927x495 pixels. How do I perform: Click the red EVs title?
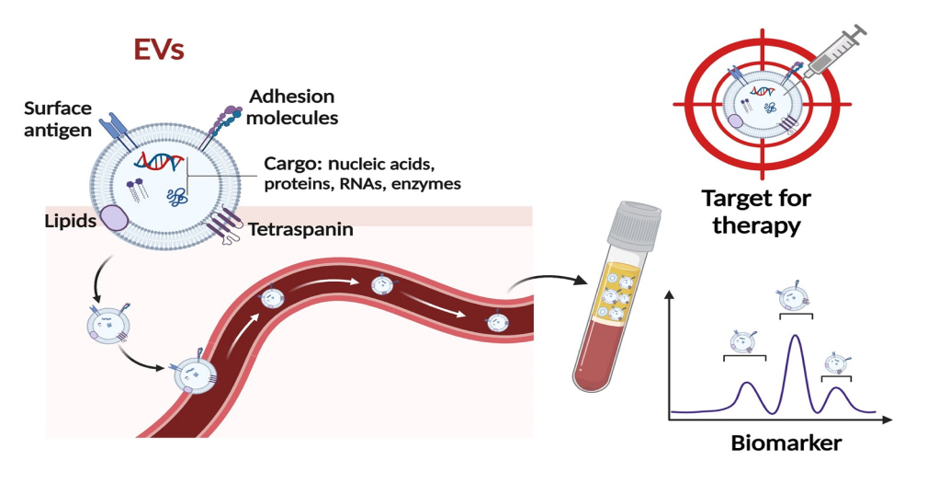coord(159,49)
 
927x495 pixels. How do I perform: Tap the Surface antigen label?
coord(58,119)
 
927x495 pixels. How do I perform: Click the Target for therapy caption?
coord(756,212)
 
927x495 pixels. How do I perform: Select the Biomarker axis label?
coord(786,443)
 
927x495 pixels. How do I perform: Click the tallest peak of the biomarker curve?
coord(795,339)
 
